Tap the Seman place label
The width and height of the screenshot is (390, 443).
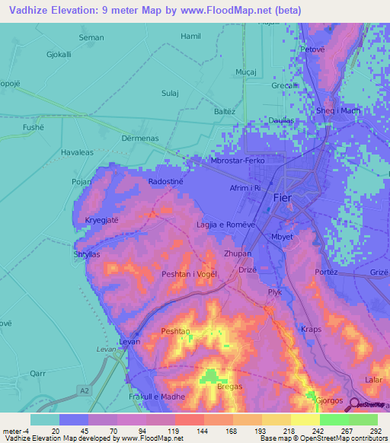click(91, 37)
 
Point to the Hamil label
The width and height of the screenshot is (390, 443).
click(190, 36)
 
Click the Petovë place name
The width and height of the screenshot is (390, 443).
click(312, 49)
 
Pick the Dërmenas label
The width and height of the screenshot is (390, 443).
click(139, 139)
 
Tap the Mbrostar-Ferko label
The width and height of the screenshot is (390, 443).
click(237, 161)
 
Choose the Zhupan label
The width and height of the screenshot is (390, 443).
click(237, 253)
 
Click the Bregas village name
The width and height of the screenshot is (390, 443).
click(229, 387)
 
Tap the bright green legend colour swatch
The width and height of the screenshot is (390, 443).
click(334, 419)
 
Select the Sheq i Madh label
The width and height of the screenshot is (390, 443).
click(337, 110)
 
